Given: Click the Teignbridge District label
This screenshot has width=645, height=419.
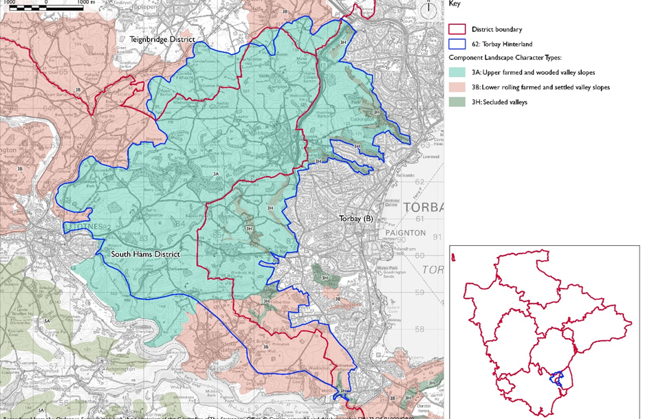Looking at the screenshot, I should tap(163, 40).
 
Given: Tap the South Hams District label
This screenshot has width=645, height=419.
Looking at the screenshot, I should tap(145, 254).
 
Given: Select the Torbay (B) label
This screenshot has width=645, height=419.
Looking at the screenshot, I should tap(356, 218).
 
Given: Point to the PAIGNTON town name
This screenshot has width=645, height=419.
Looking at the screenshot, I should tap(424, 233).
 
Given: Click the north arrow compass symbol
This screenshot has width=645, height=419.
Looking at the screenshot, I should tap(428, 10).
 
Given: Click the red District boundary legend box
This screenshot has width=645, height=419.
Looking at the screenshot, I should tap(457, 30).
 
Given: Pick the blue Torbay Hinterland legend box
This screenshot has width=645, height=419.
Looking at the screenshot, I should tap(457, 44).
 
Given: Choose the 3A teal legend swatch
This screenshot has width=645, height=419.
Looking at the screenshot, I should tap(457, 72).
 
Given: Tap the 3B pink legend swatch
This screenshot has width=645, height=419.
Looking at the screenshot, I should tap(457, 87).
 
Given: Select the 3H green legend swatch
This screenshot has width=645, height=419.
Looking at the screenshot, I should tap(457, 102).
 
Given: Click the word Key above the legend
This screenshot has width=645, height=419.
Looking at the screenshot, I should tap(455, 4).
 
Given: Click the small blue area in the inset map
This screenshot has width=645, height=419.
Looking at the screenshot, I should tap(558, 378).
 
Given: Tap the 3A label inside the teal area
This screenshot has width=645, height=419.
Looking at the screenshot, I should tap(215, 174).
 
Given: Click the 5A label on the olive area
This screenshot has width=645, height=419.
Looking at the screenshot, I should tap(47, 321).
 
